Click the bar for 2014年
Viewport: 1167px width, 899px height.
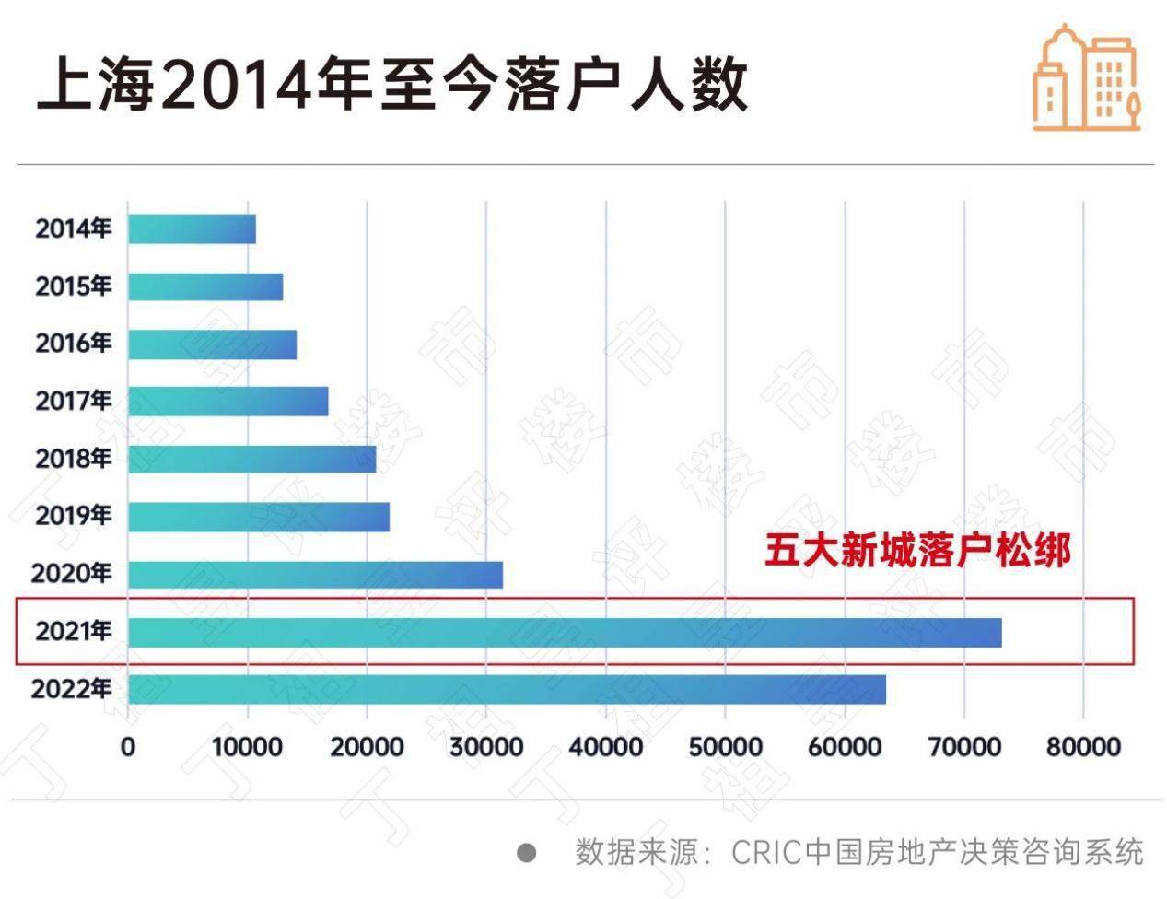point(192,228)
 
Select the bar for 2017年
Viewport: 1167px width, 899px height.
point(228,401)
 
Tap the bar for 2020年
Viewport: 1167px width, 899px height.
point(315,574)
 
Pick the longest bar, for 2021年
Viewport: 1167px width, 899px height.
point(564,632)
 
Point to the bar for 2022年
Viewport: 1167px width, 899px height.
point(507,689)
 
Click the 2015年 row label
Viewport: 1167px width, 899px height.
point(74,286)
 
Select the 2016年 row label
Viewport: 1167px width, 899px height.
point(74,344)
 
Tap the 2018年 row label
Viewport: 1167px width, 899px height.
point(74,458)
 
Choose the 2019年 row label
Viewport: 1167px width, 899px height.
point(74,515)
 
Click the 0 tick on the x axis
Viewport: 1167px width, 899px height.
point(128,746)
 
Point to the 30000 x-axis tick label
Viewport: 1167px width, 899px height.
point(486,746)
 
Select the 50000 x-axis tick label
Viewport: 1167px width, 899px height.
point(725,746)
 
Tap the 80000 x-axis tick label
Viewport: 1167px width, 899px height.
point(1083,746)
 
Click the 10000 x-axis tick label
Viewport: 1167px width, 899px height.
point(247,746)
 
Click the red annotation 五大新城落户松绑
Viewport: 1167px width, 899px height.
point(917,551)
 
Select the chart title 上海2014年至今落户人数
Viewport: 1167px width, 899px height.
point(391,85)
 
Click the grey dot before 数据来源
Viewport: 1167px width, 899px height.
point(527,852)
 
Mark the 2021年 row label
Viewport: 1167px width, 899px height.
point(74,631)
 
